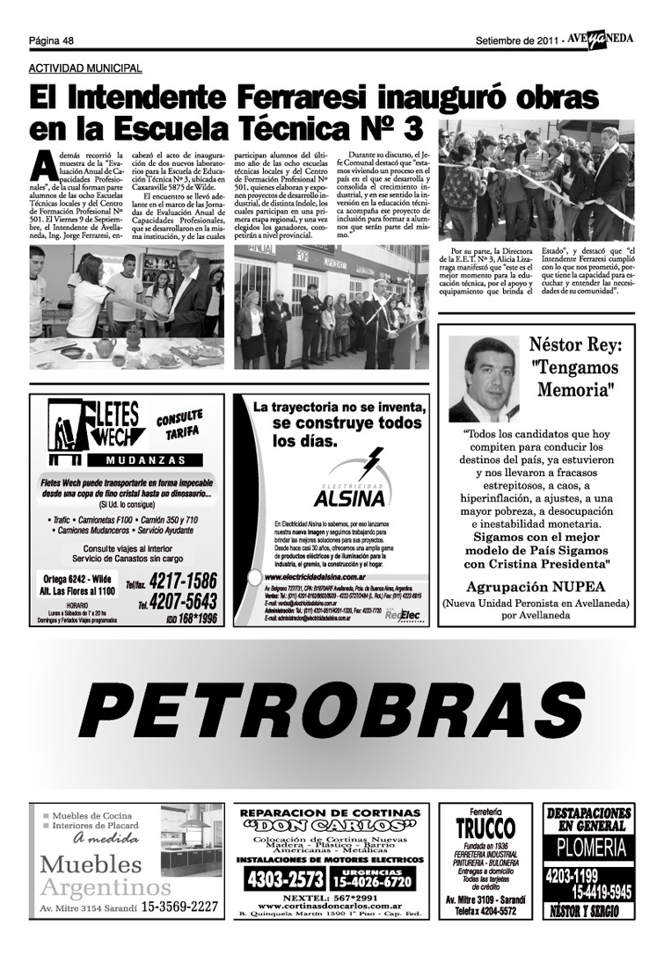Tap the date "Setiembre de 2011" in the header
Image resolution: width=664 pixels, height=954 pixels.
[515, 40]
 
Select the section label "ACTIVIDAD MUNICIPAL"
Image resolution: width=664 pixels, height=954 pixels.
[85, 68]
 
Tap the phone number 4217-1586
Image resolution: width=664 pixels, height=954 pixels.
[183, 581]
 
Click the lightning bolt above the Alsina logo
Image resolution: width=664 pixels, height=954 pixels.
[372, 461]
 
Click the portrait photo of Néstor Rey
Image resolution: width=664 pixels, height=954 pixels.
[484, 379]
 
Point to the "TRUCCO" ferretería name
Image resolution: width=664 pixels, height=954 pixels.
[485, 828]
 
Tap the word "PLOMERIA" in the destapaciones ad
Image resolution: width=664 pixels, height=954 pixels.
[589, 848]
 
